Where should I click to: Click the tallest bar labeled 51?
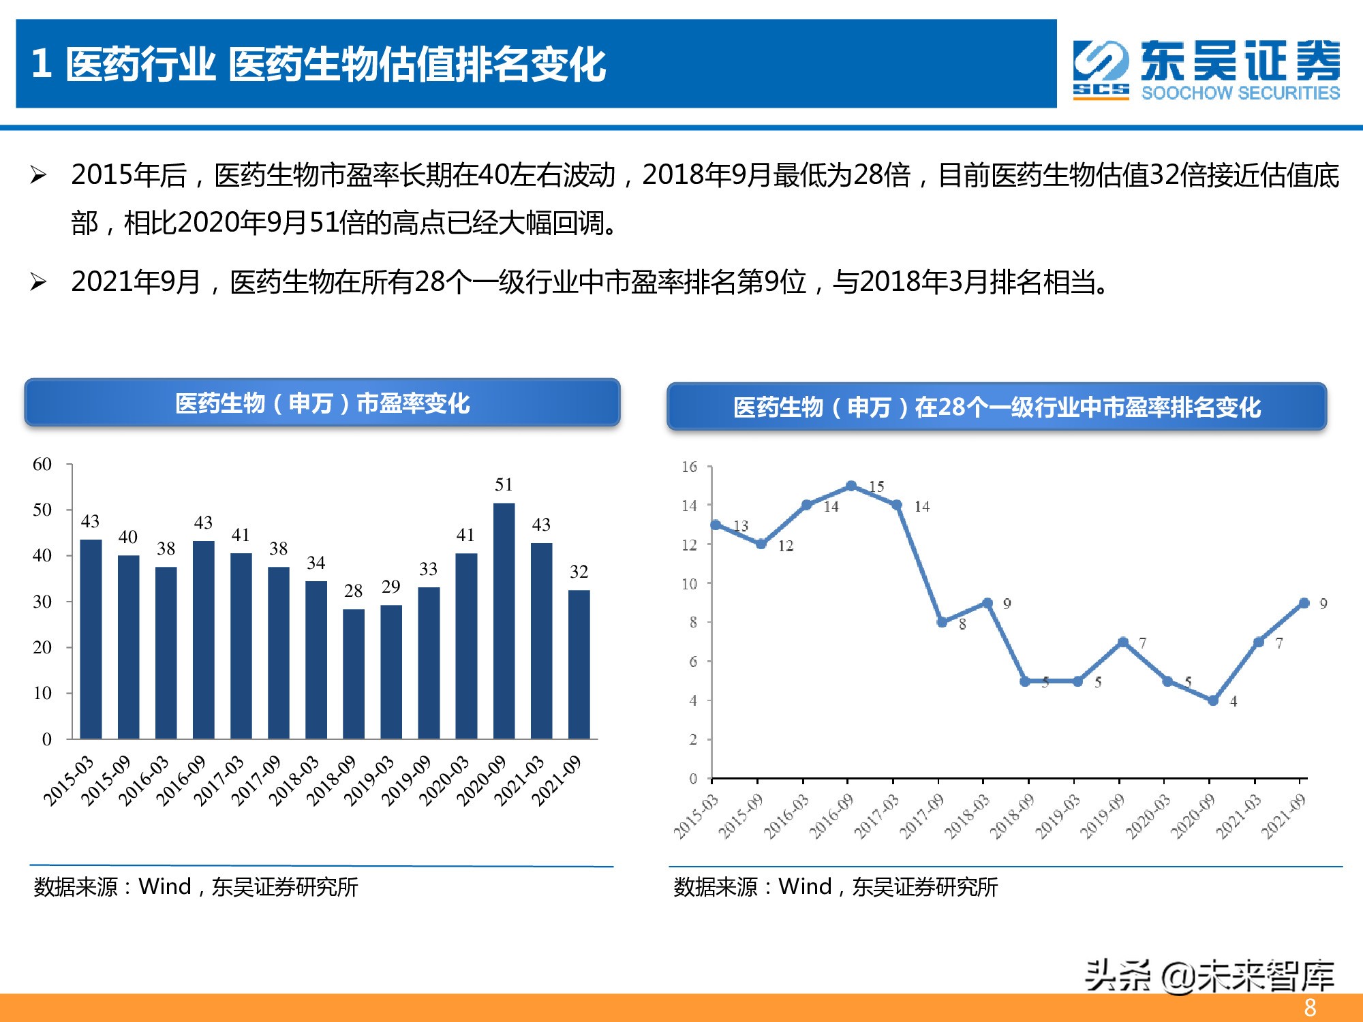coord(504,620)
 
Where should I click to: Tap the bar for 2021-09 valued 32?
coord(579,664)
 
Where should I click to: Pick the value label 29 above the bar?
coord(390,587)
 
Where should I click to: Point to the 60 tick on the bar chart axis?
coord(42,465)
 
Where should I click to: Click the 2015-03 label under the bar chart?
coord(68,781)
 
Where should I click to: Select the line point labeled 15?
coord(851,486)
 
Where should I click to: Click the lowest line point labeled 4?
coord(1213,700)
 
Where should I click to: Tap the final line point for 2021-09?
coord(1304,603)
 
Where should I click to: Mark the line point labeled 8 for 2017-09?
coord(942,622)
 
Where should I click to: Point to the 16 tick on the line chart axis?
coord(689,467)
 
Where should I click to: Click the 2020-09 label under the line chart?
coord(1193,816)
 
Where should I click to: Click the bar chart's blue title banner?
coord(322,403)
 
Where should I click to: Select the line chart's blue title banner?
coord(996,407)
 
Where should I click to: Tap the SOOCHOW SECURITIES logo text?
coord(1240,93)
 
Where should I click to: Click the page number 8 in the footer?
coord(1310,1008)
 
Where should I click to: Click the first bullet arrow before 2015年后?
coord(38,176)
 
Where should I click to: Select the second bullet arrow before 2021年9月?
coord(38,282)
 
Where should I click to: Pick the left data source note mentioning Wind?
coord(196,886)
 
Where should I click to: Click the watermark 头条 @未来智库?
coord(1209,976)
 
